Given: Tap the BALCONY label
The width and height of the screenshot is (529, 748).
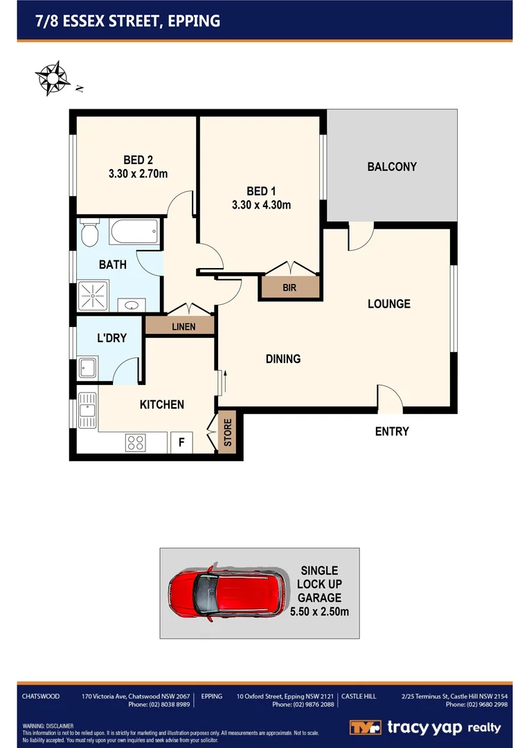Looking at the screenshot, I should [392, 167].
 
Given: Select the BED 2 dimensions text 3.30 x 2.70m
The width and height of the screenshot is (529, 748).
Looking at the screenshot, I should [138, 174].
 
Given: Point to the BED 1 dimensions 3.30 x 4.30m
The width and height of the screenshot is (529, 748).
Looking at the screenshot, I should [261, 204].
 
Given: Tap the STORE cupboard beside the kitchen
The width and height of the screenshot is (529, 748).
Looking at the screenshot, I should [226, 434].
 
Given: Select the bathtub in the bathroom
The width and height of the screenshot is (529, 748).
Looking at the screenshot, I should [134, 231].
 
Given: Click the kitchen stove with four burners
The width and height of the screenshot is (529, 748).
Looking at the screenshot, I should [135, 442].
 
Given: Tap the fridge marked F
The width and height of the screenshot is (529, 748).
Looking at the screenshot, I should [181, 442].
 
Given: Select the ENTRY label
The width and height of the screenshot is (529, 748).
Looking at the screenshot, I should [392, 431].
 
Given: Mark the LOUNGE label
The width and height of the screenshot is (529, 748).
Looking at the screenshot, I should [388, 304].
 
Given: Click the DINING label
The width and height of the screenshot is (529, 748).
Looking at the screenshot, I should [283, 359].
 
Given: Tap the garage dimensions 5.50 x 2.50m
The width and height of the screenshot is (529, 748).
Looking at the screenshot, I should [319, 612].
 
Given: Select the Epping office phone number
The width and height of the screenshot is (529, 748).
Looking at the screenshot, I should [303, 704].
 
